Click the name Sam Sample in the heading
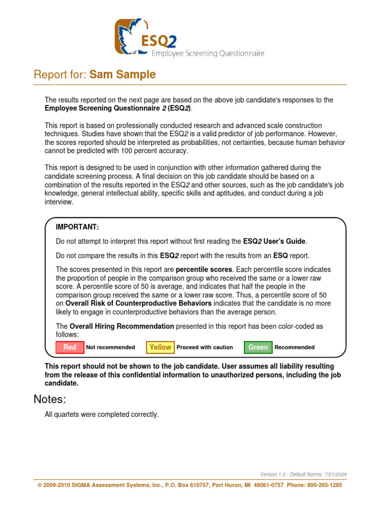(123, 75)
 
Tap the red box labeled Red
(70, 347)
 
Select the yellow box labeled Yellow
(160, 347)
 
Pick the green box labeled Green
(258, 347)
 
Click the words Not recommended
(110, 347)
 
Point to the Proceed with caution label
(204, 347)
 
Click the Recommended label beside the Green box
(294, 347)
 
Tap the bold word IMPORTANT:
(77, 227)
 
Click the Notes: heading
(49, 399)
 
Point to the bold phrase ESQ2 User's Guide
(275, 242)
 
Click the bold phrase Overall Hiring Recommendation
(122, 326)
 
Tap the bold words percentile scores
(204, 269)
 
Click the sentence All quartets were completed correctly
(101, 414)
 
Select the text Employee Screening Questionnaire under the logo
(207, 53)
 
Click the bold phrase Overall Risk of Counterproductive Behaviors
(139, 303)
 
